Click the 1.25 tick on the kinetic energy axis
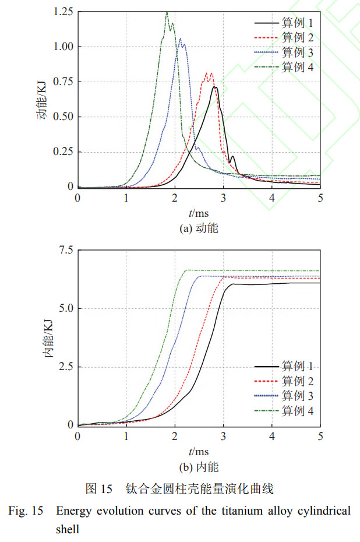tap(62, 12)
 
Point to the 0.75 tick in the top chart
tap(62, 82)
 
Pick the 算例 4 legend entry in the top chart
tap(298, 66)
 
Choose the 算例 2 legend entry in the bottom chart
tap(298, 381)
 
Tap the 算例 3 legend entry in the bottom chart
tap(298, 396)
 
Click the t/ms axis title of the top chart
tap(199, 213)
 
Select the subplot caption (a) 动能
tap(199, 228)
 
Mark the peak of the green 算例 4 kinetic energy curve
tap(167, 12)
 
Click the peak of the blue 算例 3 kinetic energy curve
tap(181, 39)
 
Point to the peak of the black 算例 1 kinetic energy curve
tap(214, 87)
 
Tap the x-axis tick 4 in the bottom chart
tap(271, 436)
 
